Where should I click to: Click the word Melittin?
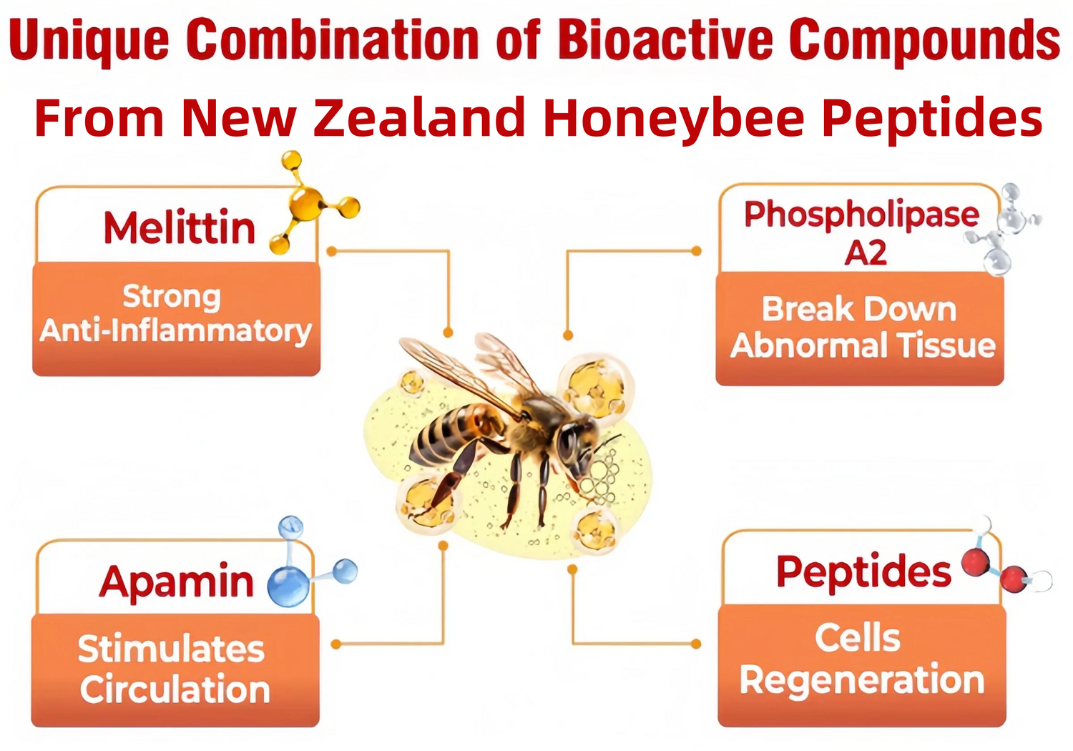[179, 227]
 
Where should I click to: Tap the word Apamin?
[176, 582]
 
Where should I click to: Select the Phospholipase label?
[861, 215]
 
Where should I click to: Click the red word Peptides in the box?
[863, 571]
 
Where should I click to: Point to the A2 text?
[865, 252]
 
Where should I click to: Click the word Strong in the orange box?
[172, 298]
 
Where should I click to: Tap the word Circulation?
[175, 689]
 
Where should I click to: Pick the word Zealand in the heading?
[419, 117]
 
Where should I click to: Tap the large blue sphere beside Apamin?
[288, 586]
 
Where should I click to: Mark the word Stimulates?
[171, 649]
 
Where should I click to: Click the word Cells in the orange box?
[858, 638]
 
